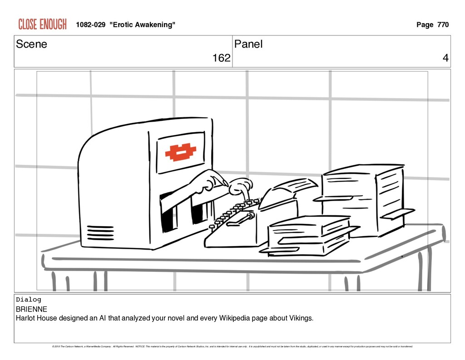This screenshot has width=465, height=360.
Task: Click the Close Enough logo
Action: (x=42, y=24)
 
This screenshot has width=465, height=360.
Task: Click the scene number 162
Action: (x=221, y=58)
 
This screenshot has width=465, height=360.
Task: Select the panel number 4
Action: (x=445, y=58)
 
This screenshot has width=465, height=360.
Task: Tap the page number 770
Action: (x=443, y=25)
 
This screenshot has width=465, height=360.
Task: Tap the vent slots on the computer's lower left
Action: (x=100, y=232)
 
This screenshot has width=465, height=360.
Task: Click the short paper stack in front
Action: (x=309, y=236)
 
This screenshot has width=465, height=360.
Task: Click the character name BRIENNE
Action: (x=31, y=309)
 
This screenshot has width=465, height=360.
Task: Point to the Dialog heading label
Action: (x=28, y=300)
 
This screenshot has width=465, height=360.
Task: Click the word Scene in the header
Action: (x=31, y=44)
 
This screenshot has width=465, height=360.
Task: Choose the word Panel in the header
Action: (x=248, y=44)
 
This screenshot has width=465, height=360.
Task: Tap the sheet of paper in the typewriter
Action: (x=295, y=186)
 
